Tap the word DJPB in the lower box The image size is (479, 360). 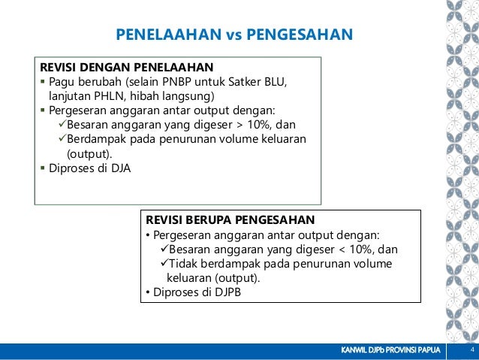click(226, 292)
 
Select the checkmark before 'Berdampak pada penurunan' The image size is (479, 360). click(62, 139)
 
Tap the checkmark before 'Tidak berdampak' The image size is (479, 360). click(164, 264)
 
